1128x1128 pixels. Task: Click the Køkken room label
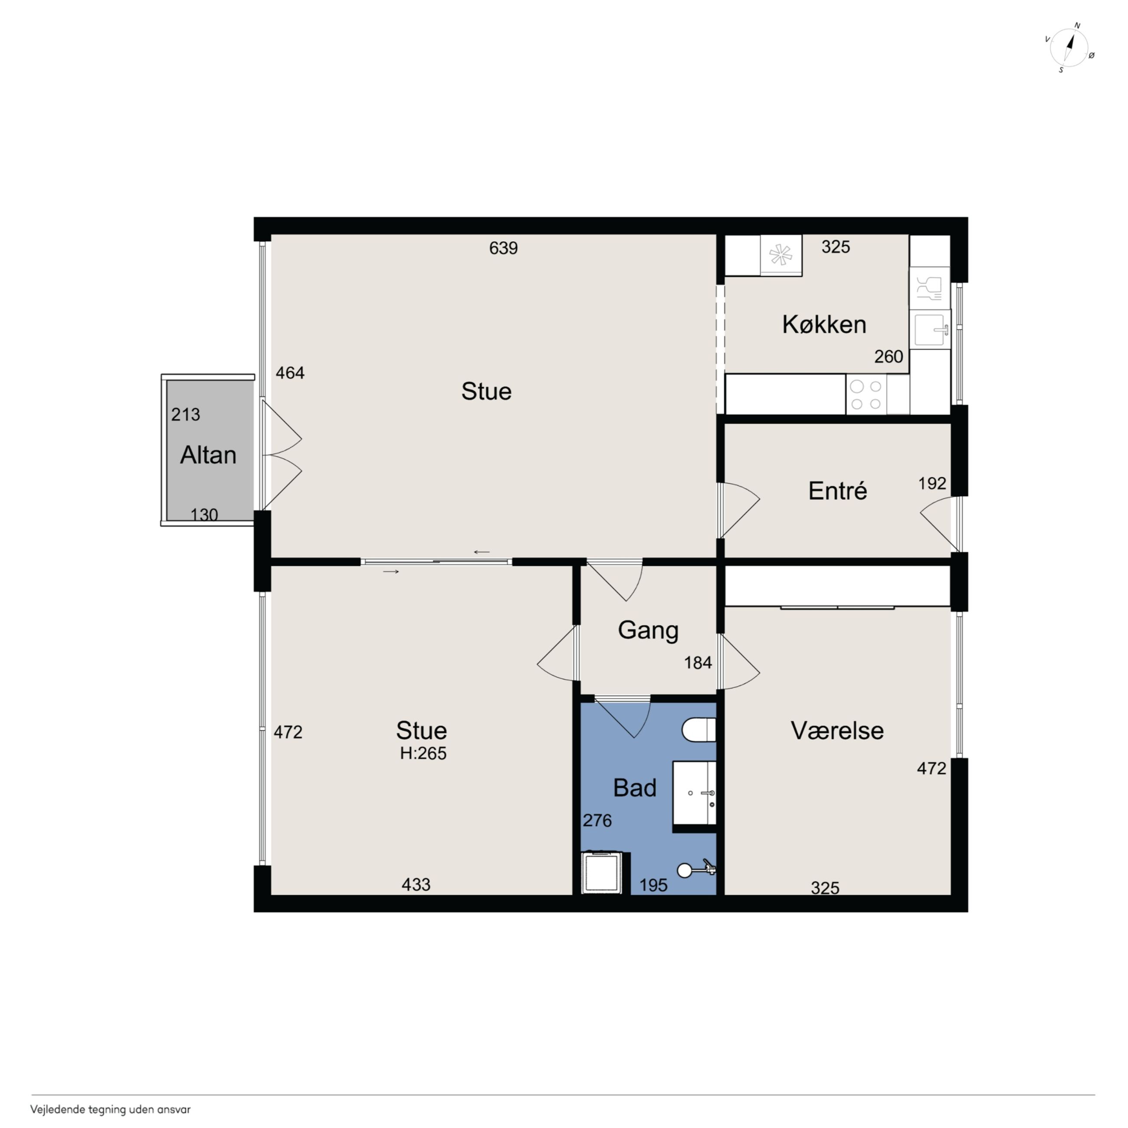point(824,325)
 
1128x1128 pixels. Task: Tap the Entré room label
point(837,491)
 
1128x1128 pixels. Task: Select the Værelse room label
point(837,731)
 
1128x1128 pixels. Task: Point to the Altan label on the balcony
point(208,455)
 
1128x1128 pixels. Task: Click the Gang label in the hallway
point(648,630)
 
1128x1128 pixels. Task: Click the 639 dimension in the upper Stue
point(503,248)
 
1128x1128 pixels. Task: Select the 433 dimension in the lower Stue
point(416,885)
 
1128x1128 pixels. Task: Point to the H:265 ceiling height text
point(423,754)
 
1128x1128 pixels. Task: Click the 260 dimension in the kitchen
point(889,356)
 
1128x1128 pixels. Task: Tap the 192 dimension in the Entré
point(932,483)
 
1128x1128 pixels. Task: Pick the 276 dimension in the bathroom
point(597,820)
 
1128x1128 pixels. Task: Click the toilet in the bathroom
point(699,730)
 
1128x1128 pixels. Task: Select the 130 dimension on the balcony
point(204,515)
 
